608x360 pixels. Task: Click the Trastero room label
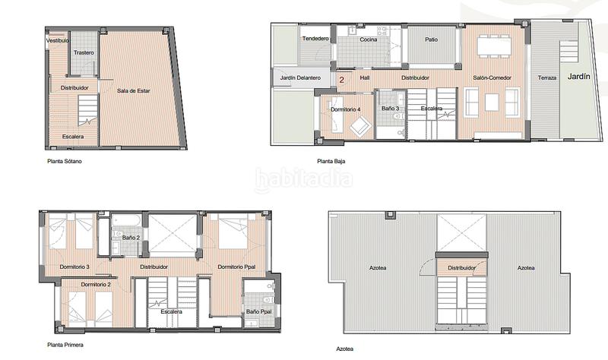pos(84,52)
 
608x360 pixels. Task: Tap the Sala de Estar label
pos(133,91)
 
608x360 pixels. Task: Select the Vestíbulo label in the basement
pos(58,40)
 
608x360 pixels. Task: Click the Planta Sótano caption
pos(63,162)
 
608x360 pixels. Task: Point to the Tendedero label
pos(315,39)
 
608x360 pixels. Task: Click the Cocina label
pos(369,39)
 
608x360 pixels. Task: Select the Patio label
pos(431,39)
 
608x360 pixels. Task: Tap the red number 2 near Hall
pos(341,78)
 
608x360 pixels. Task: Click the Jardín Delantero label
pos(300,78)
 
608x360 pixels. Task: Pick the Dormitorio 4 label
pos(346,110)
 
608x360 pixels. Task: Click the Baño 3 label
pos(390,109)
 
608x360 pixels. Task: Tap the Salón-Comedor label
pos(492,78)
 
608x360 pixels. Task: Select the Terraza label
pos(547,78)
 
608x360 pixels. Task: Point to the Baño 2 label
pos(131,238)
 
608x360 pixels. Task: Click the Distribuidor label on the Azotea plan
pos(461,268)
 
